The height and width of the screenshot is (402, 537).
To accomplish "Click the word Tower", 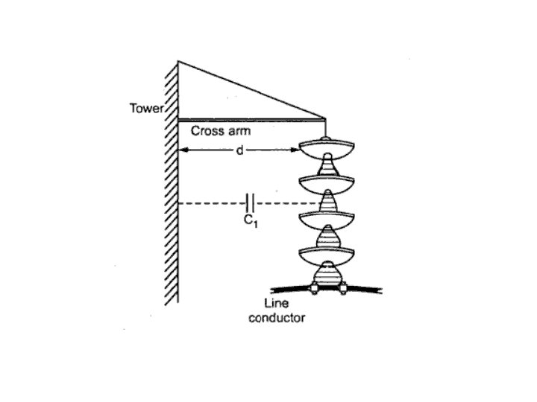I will pos(147,109).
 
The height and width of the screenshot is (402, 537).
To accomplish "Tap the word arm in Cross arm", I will pos(236,131).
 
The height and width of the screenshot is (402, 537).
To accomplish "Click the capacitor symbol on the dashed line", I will pos(251,202).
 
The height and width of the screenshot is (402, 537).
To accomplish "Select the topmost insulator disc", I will pos(326,149).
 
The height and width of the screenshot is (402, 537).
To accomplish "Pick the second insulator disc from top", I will pos(326,182).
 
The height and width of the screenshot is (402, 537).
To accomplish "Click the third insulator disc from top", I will pos(326,219).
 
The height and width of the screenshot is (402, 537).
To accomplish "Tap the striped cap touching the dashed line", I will pos(327,202).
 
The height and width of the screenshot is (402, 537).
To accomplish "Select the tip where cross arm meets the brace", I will pos(325,118).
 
